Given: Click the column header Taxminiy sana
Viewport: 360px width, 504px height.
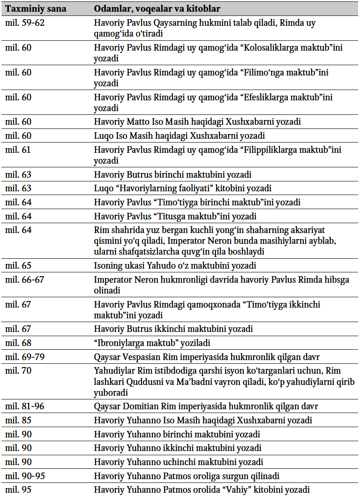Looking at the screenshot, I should click(x=36, y=9).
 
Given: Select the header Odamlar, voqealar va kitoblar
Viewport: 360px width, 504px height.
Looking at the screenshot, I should click(x=157, y=9).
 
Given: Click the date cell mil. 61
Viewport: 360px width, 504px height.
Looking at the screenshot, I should click(x=18, y=150).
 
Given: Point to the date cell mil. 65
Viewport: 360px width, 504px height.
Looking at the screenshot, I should click(x=18, y=265).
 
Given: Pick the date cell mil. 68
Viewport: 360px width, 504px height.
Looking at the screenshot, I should click(x=18, y=342).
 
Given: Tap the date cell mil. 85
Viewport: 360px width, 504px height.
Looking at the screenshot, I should click(x=18, y=420).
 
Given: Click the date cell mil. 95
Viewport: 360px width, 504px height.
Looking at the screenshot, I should click(x=18, y=490).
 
